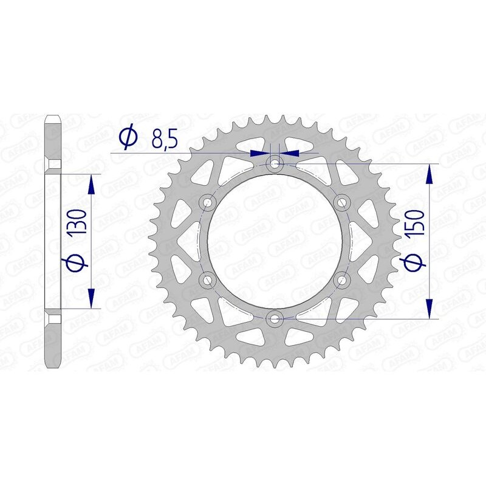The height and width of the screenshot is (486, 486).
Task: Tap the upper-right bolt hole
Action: [x=342, y=201]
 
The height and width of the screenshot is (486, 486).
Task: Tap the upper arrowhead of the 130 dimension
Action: [x=91, y=183]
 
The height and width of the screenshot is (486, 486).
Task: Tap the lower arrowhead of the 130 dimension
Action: [x=91, y=298]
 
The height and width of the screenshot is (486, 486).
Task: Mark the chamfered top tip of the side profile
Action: [x=53, y=117]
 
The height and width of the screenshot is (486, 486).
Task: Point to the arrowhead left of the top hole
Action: [x=259, y=153]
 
